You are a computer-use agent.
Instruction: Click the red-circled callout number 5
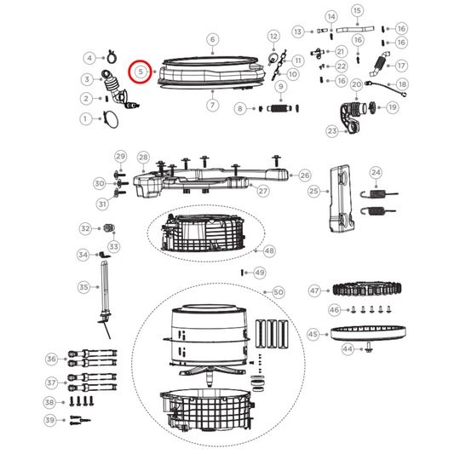coord(140,72)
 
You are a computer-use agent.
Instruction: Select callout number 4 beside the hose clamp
coord(89,59)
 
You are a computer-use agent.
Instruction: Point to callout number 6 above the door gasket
coord(213,39)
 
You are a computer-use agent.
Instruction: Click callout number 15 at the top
coord(357,10)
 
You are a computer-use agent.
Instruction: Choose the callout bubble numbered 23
coord(332,131)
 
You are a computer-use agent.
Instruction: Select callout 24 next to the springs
coord(376,174)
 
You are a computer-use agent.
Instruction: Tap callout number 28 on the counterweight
coord(143,158)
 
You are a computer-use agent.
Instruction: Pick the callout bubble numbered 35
coord(83,288)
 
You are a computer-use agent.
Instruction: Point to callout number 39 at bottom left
coord(51,421)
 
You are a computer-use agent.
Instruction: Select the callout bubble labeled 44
coord(348,349)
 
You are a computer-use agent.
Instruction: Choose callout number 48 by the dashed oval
coord(269,251)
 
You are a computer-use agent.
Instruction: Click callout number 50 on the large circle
coord(278,292)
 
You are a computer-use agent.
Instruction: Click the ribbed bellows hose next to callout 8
coord(281,109)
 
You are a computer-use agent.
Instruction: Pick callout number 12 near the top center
coord(273,37)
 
